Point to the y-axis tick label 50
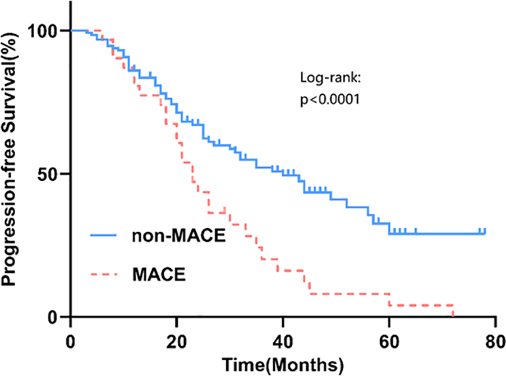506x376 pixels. (x=50, y=174)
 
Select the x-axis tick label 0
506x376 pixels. (x=71, y=341)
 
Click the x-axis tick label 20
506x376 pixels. (x=177, y=341)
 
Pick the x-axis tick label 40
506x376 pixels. (x=283, y=341)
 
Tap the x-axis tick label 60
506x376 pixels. (x=389, y=341)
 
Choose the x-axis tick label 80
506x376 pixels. (x=494, y=341)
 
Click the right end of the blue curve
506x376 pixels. (x=485, y=232)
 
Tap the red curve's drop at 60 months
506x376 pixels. (x=389, y=300)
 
